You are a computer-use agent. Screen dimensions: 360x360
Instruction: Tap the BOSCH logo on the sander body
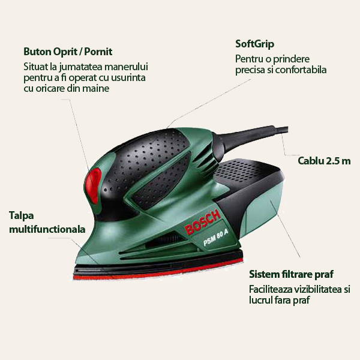[203, 221]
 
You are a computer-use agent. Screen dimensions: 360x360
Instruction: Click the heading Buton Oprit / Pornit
[68, 52]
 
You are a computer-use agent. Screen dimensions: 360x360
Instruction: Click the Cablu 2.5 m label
[324, 161]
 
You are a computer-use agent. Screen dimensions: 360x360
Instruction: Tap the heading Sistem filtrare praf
[290, 275]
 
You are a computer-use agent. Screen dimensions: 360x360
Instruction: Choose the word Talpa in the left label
[21, 215]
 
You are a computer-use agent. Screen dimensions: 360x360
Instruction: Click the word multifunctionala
[47, 229]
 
